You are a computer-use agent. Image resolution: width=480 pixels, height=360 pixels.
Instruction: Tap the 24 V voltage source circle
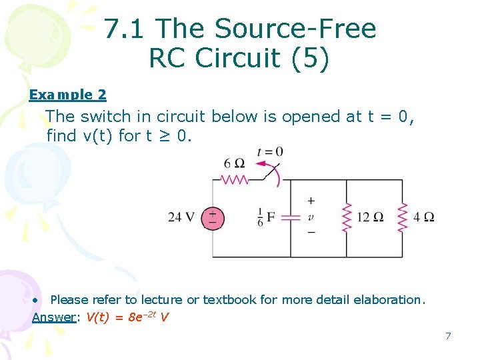pos(213,217)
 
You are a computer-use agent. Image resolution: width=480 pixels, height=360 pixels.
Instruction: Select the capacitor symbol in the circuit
pos(290,217)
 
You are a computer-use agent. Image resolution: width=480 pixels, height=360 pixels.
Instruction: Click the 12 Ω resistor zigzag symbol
pos(347,217)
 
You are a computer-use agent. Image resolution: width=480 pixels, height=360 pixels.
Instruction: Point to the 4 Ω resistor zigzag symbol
pos(402,217)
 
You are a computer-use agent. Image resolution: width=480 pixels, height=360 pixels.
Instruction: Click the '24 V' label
pos(181,217)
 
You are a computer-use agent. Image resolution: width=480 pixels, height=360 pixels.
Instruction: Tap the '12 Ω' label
pos(371,217)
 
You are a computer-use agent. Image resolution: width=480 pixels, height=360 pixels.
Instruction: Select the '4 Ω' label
pos(423,217)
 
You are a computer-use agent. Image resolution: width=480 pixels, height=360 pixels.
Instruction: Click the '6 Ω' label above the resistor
pos(235,163)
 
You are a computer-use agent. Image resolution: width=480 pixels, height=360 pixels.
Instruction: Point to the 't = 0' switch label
pos(270,152)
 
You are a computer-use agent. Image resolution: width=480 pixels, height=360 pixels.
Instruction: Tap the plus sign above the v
pos(311,200)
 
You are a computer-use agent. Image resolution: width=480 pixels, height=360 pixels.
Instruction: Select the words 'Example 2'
pos(67,95)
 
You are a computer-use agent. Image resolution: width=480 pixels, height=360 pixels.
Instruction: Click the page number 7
pos(448,335)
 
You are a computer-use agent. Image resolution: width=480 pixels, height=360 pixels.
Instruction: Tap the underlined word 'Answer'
pos(53,317)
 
